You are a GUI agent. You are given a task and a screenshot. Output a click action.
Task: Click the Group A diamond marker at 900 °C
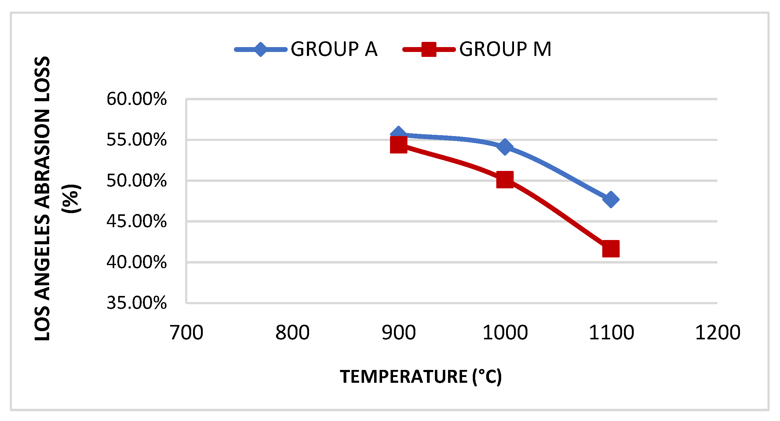tap(398, 134)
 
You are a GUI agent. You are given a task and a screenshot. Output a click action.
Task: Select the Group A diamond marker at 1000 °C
tap(505, 147)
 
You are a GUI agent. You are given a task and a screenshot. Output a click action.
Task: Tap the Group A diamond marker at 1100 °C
tap(611, 200)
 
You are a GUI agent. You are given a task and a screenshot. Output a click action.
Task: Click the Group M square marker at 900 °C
tap(399, 145)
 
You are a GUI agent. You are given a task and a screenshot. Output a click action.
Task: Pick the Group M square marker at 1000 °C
tap(505, 179)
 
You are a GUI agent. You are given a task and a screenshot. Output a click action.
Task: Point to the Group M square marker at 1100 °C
tap(611, 249)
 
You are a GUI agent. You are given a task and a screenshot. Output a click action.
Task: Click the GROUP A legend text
tap(334, 49)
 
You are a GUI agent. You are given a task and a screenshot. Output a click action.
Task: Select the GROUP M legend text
tap(505, 49)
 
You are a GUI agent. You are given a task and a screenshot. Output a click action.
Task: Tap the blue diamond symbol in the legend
tap(261, 49)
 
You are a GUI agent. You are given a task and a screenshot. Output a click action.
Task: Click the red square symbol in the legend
tap(429, 50)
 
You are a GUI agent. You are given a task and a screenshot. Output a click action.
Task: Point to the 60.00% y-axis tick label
tap(137, 99)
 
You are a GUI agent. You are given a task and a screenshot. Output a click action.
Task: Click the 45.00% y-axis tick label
tap(137, 221)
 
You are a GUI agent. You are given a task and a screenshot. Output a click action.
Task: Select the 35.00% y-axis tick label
tap(137, 303)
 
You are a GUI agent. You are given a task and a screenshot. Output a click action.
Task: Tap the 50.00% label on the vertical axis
tap(137, 180)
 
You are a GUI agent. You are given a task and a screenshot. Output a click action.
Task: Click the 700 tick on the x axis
tap(186, 333)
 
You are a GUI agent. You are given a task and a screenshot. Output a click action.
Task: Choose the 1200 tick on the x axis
tap(718, 333)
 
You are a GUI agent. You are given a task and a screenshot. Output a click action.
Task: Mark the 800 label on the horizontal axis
tap(293, 333)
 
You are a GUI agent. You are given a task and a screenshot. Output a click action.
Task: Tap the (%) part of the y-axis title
tap(71, 199)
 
